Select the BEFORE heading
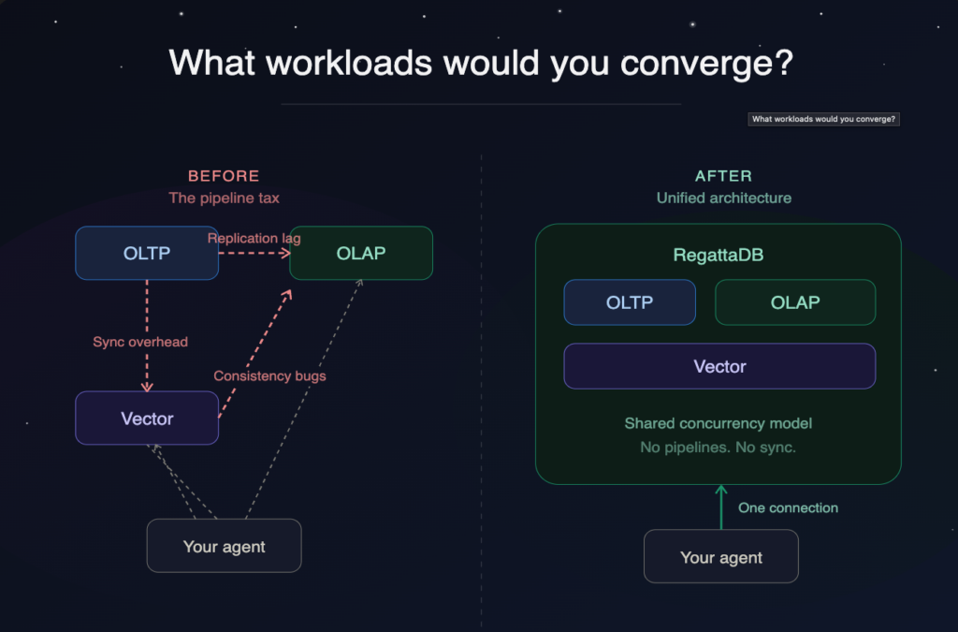point(224,176)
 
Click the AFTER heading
point(723,176)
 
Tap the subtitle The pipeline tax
point(224,198)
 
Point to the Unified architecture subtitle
point(723,198)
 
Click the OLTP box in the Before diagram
point(147,253)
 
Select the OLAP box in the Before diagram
point(361,253)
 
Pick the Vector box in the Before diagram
point(147,418)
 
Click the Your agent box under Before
point(225,546)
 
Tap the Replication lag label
point(254,239)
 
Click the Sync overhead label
point(140,342)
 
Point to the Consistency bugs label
point(269,375)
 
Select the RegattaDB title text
point(718,255)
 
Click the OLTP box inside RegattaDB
point(630,302)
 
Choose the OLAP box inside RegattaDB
point(795,302)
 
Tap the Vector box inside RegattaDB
point(719,366)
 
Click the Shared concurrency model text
point(718,423)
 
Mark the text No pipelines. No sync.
point(718,448)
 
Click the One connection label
point(788,507)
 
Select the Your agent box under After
point(721,557)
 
